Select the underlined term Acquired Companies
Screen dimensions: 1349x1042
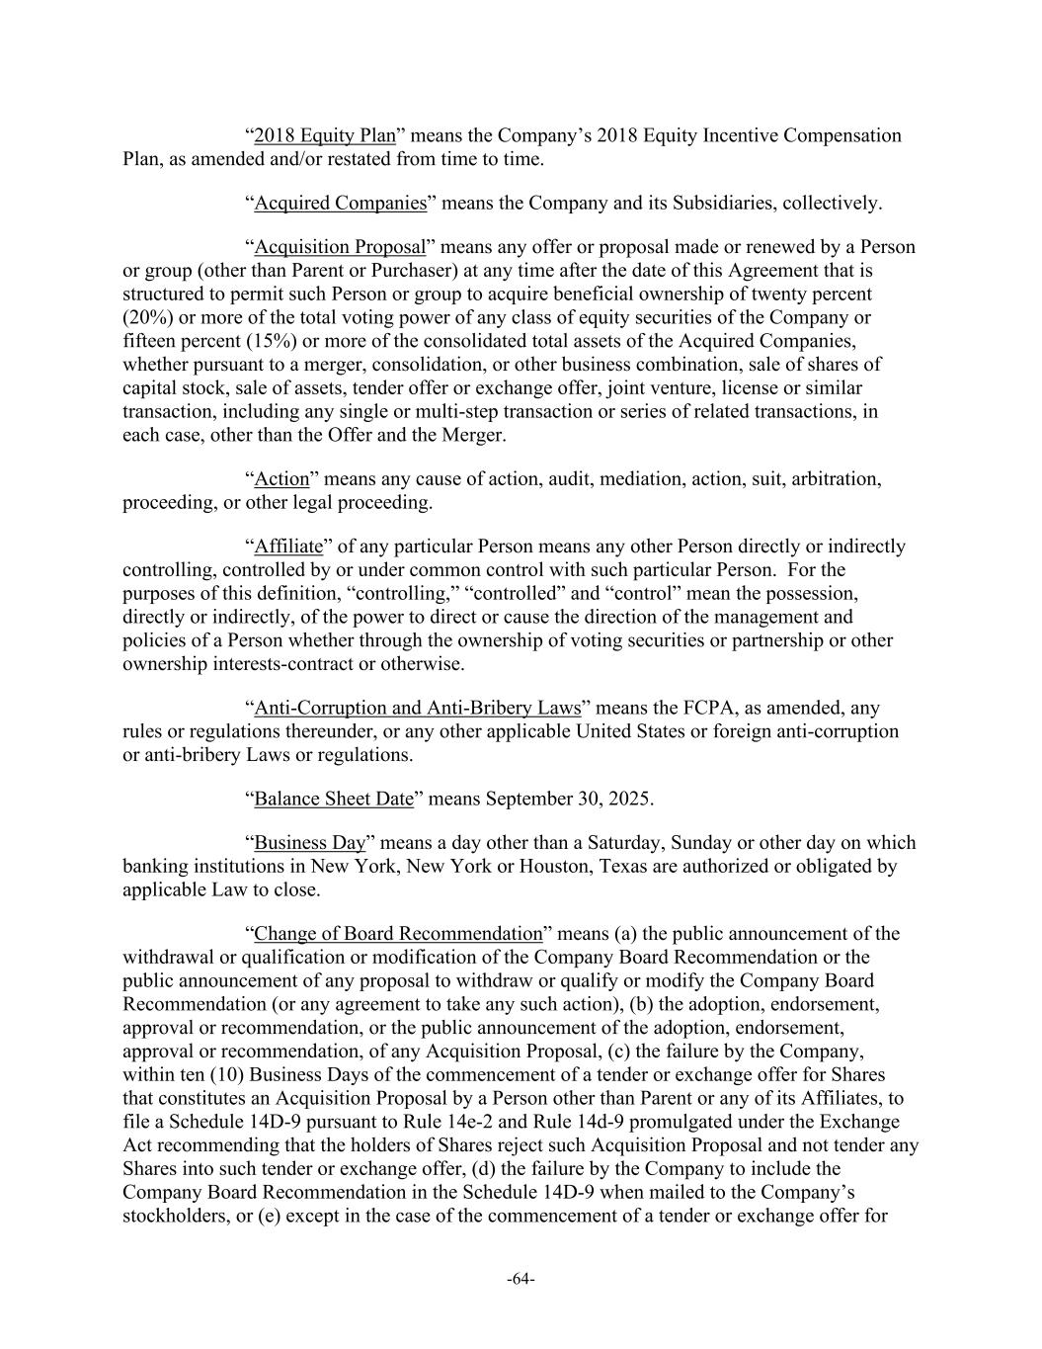click(340, 204)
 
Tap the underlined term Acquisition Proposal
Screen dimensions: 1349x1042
click(340, 247)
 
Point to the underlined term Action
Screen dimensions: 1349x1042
click(281, 479)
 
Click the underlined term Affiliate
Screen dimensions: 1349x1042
click(288, 547)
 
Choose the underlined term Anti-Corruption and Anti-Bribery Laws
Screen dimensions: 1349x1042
click(417, 709)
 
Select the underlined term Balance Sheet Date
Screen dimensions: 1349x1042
click(333, 799)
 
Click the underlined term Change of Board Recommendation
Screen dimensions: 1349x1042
click(398, 934)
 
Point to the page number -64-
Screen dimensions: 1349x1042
click(521, 1280)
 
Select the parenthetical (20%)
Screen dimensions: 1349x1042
click(146, 317)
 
